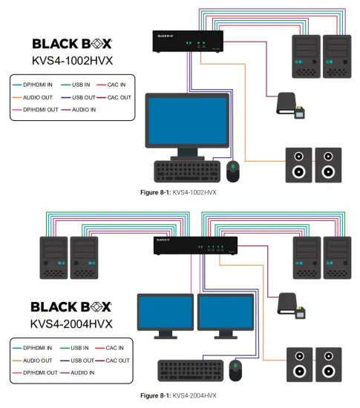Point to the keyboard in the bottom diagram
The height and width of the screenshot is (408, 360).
[x=190, y=369]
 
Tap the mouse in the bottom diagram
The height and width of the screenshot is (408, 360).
[x=237, y=369]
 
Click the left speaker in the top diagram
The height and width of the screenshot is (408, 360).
[x=298, y=165]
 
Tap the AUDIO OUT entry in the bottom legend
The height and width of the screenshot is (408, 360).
[x=38, y=359]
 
